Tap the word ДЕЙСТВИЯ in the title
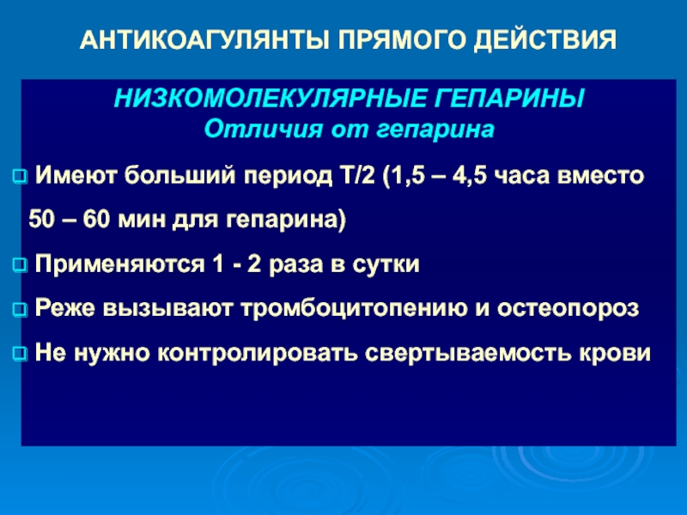545,40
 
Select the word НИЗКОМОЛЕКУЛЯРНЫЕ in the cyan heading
271,98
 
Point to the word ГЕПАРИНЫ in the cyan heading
509,98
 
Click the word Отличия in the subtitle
264,130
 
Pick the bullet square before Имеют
20,177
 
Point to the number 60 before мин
96,219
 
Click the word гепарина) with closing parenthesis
286,220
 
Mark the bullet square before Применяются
20,266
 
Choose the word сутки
386,264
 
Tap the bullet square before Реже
20,310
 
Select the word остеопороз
568,308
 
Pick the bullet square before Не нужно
20,354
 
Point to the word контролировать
257,353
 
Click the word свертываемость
468,353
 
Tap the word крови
615,353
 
